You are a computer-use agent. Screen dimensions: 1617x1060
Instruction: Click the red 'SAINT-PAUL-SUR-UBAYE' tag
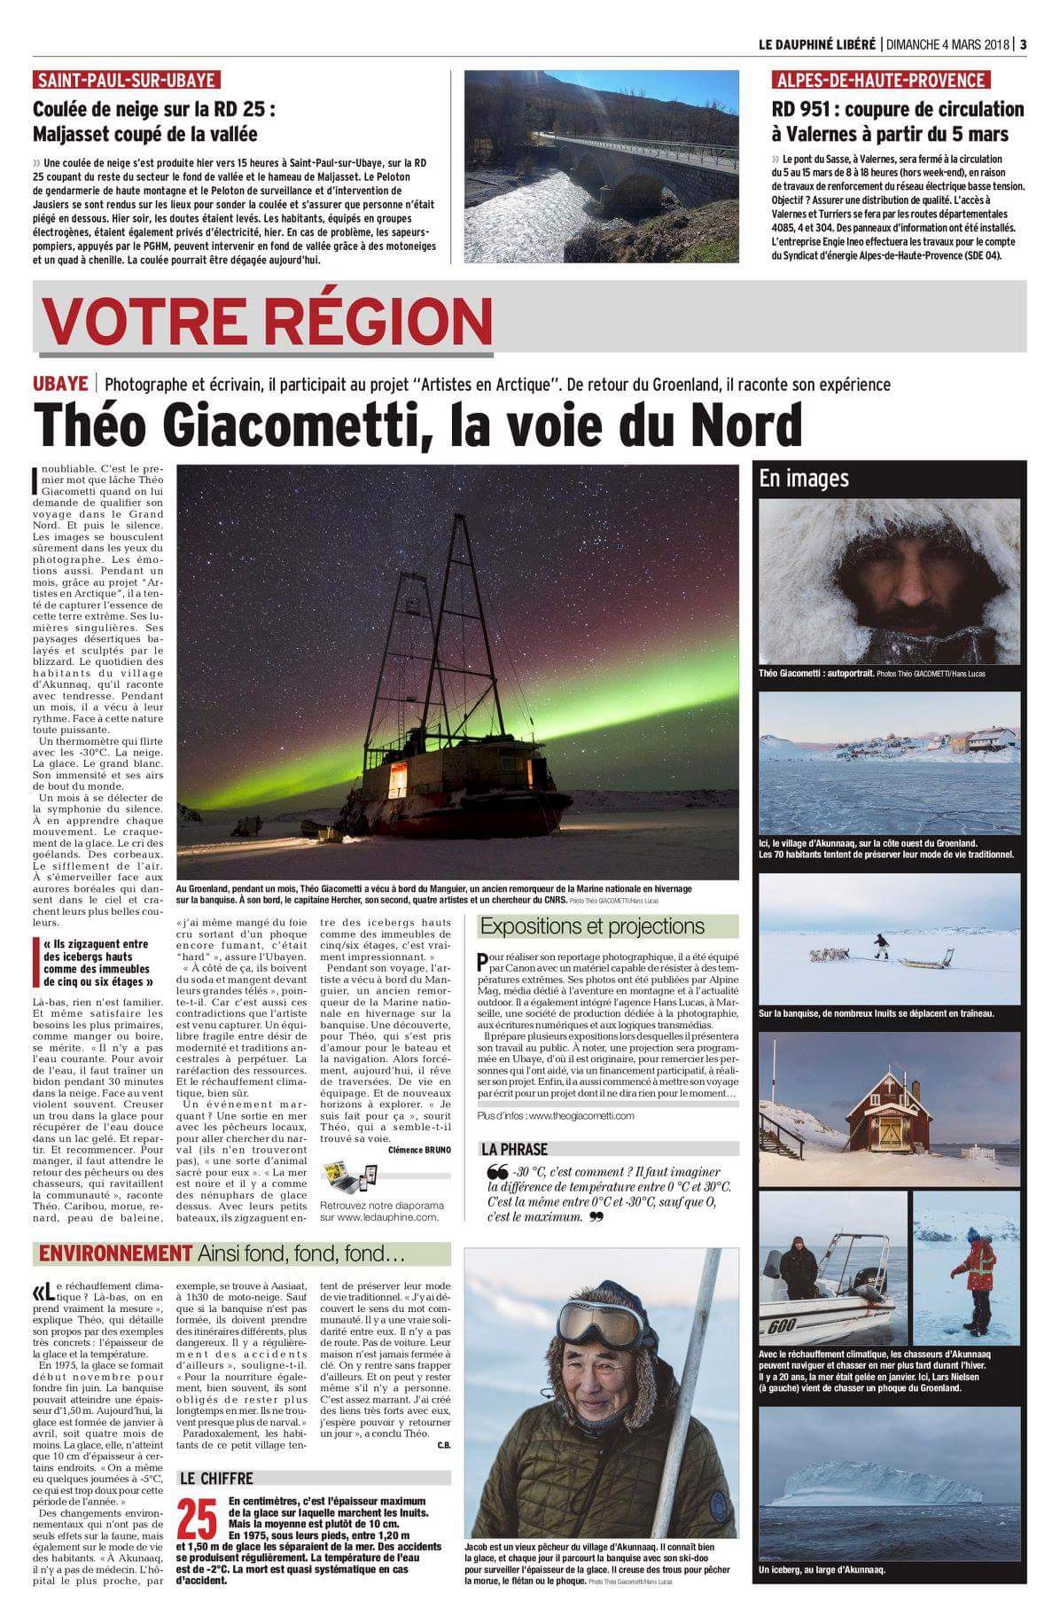pos(126,81)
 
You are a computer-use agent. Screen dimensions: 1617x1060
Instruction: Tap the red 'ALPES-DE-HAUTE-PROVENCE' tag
pos(881,81)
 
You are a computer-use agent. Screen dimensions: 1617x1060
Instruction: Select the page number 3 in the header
pos(1023,44)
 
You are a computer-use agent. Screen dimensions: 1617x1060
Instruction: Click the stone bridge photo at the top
pos(601,166)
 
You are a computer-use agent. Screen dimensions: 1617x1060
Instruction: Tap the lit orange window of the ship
pos(398,777)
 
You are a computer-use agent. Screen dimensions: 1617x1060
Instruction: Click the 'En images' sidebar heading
pos(804,479)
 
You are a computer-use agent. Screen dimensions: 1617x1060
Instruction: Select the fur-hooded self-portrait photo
pos(889,581)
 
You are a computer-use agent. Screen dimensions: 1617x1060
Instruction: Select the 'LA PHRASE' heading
pos(514,1149)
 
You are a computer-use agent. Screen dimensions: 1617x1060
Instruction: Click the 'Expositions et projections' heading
pos(592,926)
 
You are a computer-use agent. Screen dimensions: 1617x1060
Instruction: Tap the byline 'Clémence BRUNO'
pos(418,1150)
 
